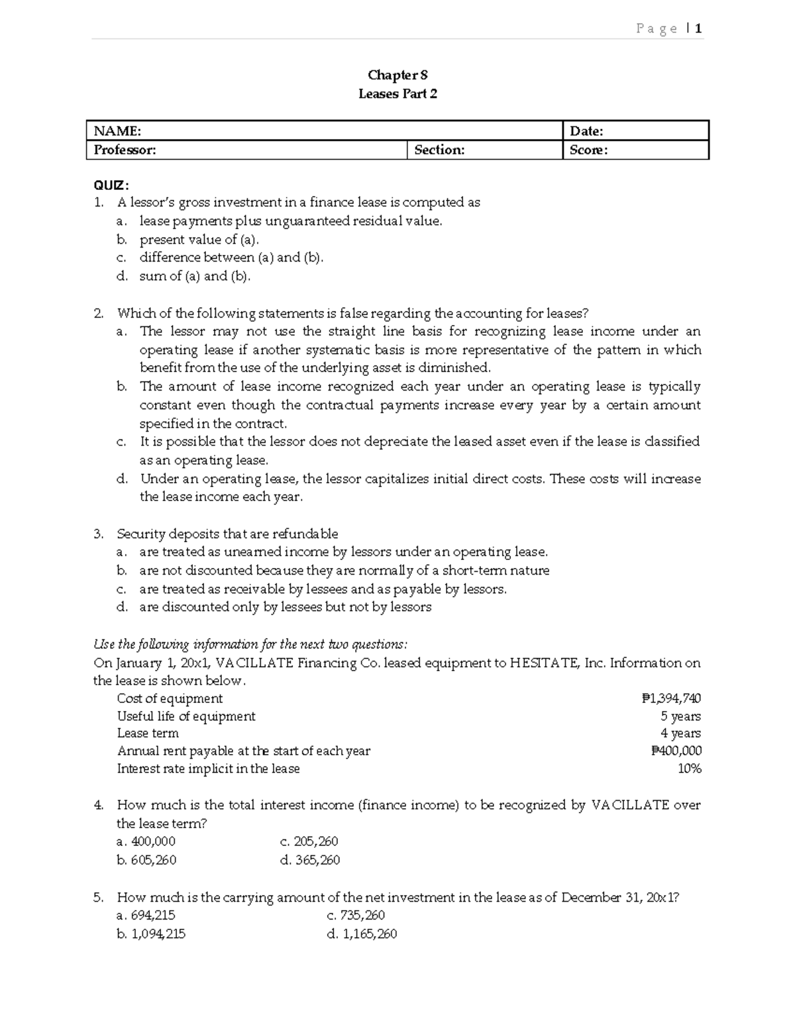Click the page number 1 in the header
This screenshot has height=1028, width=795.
(698, 28)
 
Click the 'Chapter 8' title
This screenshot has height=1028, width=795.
(397, 75)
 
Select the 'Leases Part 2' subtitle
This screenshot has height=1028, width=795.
(397, 94)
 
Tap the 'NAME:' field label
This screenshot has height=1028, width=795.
(117, 131)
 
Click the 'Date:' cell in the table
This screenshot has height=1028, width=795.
(586, 131)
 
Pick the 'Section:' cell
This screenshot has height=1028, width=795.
(439, 150)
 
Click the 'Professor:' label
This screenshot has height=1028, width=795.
(125, 150)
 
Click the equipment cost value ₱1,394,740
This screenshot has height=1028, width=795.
(671, 698)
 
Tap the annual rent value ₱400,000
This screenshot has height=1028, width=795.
(676, 751)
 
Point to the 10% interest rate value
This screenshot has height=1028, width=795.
(689, 769)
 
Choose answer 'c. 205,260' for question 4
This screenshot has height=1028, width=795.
(309, 841)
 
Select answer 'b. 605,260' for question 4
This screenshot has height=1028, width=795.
(146, 860)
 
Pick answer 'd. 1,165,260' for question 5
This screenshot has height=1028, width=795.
(362, 934)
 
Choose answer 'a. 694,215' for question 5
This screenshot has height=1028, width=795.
(146, 915)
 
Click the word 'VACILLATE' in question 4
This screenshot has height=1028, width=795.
(630, 806)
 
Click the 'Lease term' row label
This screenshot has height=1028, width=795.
(148, 733)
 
